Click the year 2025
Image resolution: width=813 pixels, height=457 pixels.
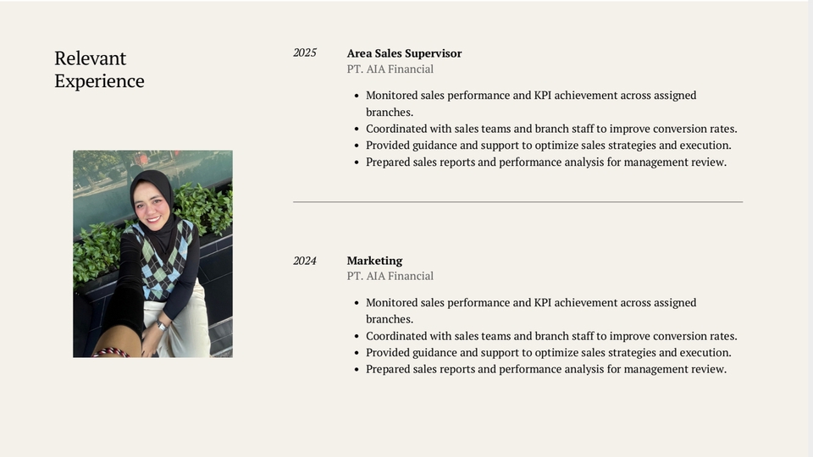point(304,52)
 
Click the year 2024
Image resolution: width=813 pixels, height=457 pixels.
point(304,261)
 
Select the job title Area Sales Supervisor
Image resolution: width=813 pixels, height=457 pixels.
point(404,53)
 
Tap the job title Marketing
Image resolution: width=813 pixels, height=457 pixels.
point(374,261)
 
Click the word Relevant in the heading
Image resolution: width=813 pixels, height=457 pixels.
point(91,58)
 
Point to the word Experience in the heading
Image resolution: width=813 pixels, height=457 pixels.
point(100,81)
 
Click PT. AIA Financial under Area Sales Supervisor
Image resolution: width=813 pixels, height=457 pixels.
point(390,69)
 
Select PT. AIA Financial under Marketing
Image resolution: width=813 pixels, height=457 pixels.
point(390,276)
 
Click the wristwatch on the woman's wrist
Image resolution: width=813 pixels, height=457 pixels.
point(161,326)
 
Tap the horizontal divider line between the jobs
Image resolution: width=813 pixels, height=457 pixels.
point(518,201)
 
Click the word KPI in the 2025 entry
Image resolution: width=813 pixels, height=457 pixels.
point(544,96)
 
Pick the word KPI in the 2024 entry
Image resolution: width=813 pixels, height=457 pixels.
point(544,303)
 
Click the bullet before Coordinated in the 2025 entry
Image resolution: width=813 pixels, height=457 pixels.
point(357,129)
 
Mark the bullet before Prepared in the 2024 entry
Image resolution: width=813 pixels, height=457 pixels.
point(357,370)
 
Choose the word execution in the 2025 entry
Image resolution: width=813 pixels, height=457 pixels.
point(705,146)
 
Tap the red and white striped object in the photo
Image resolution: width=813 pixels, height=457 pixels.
point(111,353)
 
